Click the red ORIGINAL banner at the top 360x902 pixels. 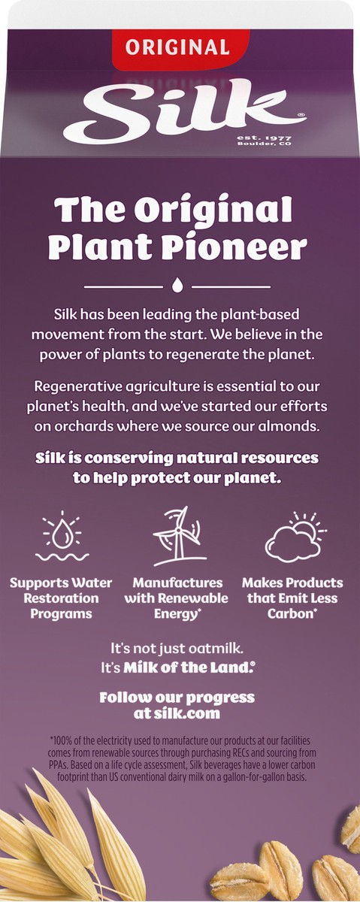point(177,47)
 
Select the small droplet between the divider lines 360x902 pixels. point(177,285)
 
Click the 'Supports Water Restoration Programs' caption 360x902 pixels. point(61,598)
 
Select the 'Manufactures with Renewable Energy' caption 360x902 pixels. point(178,598)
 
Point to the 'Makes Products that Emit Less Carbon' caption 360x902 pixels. point(292,598)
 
